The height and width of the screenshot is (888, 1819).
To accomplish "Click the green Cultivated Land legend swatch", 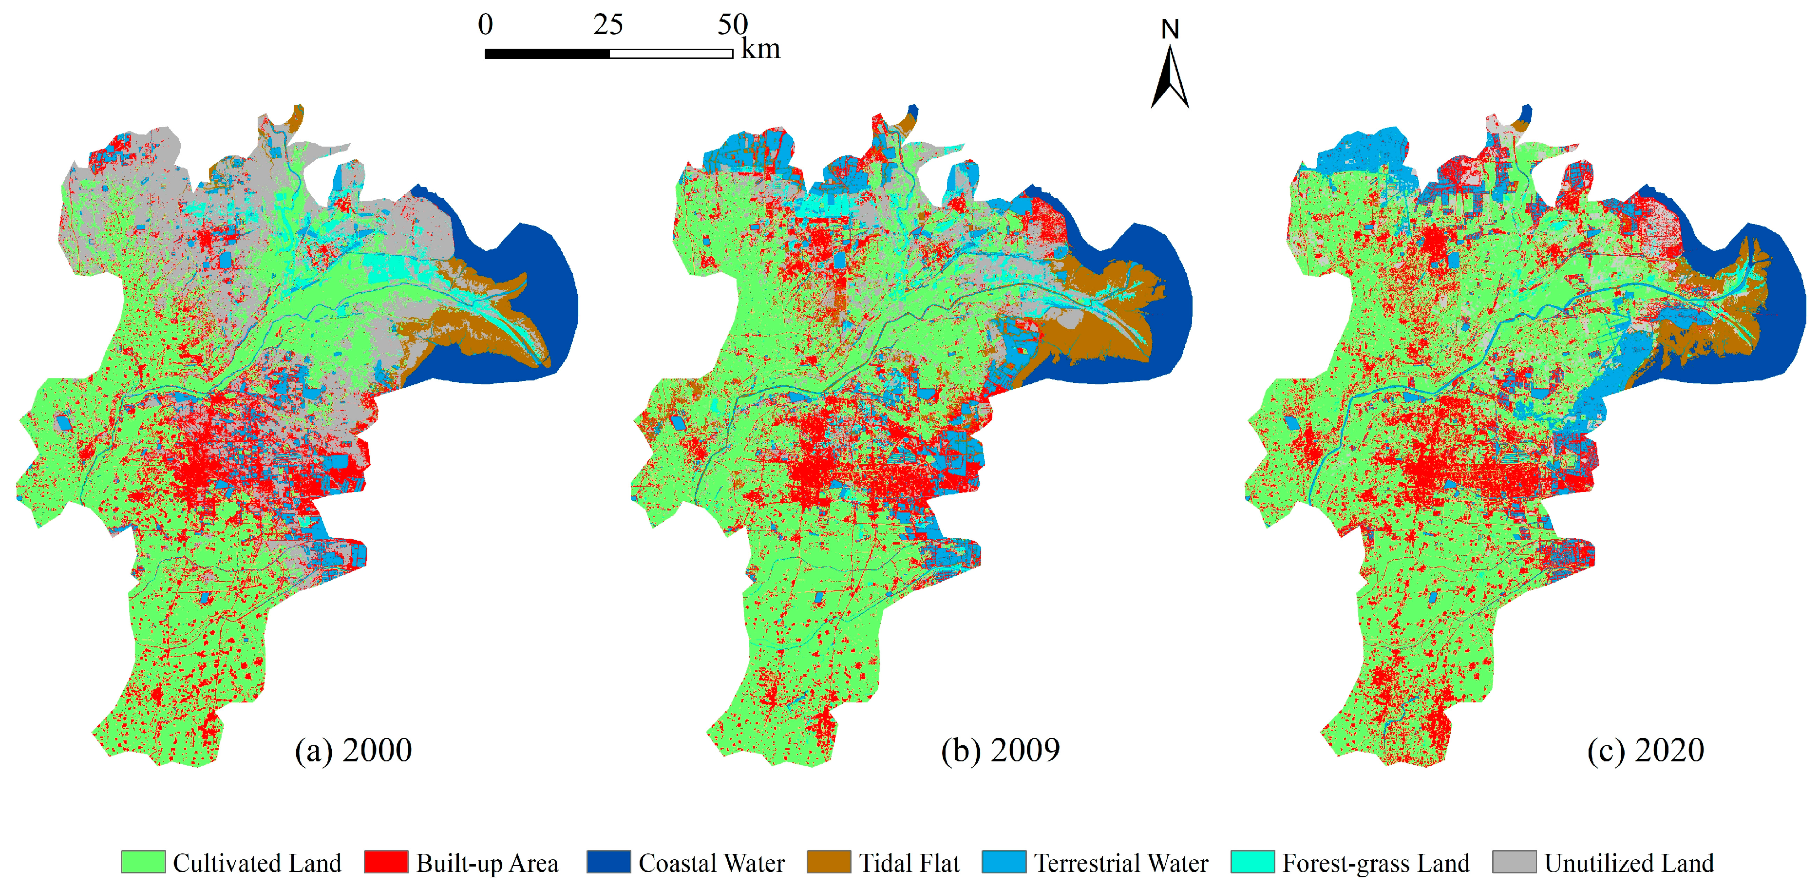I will pos(143,862).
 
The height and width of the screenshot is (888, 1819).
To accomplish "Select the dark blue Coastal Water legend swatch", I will pos(608,862).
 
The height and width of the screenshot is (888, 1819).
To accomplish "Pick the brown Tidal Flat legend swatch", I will pos(828,862).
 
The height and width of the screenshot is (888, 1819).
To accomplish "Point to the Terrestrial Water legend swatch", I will pos(1004,862).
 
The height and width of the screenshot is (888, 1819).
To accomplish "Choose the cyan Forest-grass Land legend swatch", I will pos(1252,862).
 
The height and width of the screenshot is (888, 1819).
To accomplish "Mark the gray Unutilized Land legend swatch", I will pos(1514,862).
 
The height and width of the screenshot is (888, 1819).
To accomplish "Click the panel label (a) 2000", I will pos(353,750).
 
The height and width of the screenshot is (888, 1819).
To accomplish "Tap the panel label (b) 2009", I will pos(1000,750).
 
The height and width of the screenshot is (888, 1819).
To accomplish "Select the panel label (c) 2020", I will pos(1645,750).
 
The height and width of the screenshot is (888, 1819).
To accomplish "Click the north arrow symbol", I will pos(1170,77).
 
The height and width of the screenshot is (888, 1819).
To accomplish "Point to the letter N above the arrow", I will pos(1170,29).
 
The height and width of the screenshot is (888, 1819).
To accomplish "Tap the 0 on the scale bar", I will pos(485,25).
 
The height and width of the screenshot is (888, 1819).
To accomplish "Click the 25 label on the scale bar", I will pos(608,25).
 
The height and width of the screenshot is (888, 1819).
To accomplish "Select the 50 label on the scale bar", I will pos(732,25).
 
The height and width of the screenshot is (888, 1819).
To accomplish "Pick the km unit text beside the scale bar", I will pos(760,49).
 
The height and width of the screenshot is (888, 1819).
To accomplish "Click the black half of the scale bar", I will pos(547,54).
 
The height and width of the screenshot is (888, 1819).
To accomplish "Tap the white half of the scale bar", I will pos(671,54).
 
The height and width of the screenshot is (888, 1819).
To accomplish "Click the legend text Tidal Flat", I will pos(909,863).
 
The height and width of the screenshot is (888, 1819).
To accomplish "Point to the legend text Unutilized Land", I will pos(1629,863).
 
